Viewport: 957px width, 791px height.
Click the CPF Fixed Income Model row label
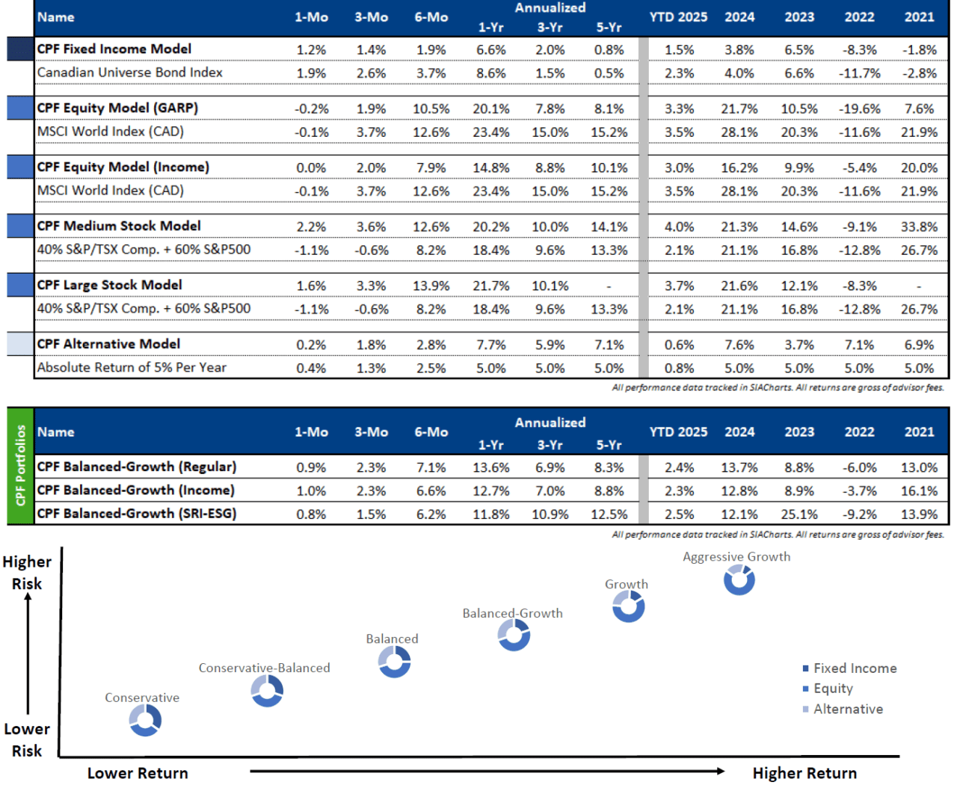pyautogui.click(x=114, y=49)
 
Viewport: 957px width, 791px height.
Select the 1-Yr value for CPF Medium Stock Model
pyautogui.click(x=490, y=227)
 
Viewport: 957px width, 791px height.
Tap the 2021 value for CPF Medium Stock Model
pyautogui.click(x=919, y=227)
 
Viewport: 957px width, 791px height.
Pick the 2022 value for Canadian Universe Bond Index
pyautogui.click(x=859, y=73)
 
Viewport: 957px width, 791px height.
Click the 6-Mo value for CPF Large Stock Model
pyautogui.click(x=431, y=286)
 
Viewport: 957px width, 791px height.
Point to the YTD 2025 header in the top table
pyautogui.click(x=678, y=17)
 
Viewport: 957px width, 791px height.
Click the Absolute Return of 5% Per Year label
pyautogui.click(x=132, y=368)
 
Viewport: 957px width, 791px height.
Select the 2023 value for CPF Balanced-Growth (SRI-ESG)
pyautogui.click(x=799, y=514)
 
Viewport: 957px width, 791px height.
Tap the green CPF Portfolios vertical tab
pyautogui.click(x=20, y=466)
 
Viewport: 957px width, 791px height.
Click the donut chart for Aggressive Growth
pyautogui.click(x=739, y=580)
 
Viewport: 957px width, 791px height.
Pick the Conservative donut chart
pyautogui.click(x=145, y=721)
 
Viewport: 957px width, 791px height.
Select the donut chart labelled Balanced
pyautogui.click(x=394, y=662)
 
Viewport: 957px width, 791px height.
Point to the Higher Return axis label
pyautogui.click(x=804, y=773)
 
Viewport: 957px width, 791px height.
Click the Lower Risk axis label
pyautogui.click(x=27, y=739)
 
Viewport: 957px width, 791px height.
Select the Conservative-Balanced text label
pyautogui.click(x=264, y=668)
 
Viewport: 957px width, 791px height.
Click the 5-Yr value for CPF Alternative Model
pyautogui.click(x=609, y=345)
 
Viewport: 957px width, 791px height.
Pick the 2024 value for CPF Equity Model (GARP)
pyautogui.click(x=739, y=109)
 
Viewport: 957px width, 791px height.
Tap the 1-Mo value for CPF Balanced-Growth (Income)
pyautogui.click(x=311, y=491)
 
